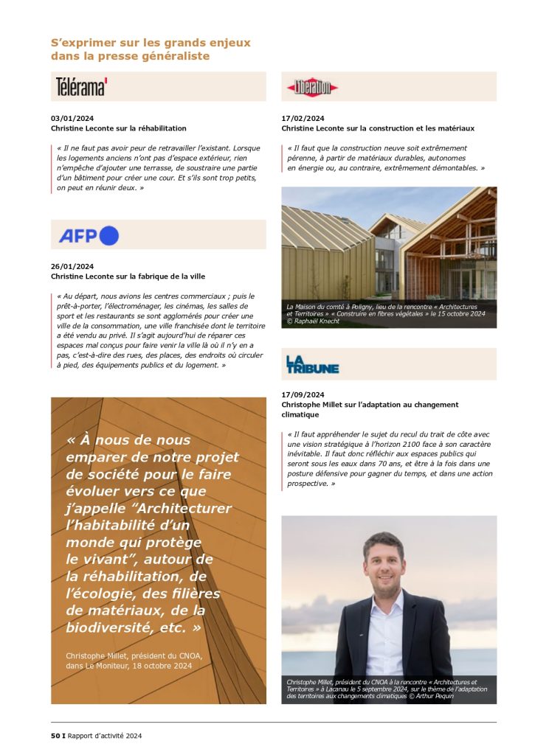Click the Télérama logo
pos(81,87)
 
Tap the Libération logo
pos(312,88)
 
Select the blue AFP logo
pos(89,235)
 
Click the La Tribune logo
pos(312,364)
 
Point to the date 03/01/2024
pos(72,118)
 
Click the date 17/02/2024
pos(303,118)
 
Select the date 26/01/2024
pos(72,266)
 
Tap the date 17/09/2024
pos(303,394)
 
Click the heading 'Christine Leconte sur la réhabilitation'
pos(119,128)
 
